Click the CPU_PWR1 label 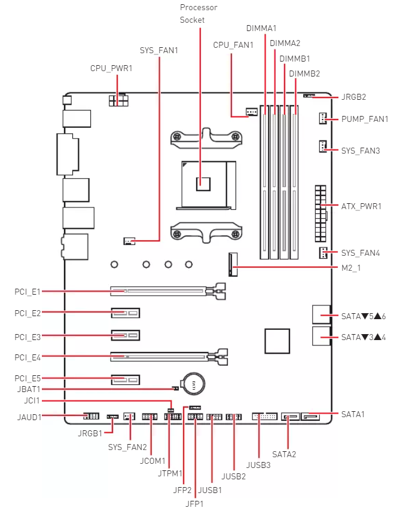111,68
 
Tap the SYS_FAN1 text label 158,50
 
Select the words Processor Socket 199,14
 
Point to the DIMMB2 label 304,74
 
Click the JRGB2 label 353,96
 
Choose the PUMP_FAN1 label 364,119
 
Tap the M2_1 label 350,268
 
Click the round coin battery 193,383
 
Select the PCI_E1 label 28,292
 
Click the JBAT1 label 28,389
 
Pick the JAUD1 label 29,417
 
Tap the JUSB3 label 258,464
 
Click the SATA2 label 284,454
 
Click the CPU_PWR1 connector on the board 118,99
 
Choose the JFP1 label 195,503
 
